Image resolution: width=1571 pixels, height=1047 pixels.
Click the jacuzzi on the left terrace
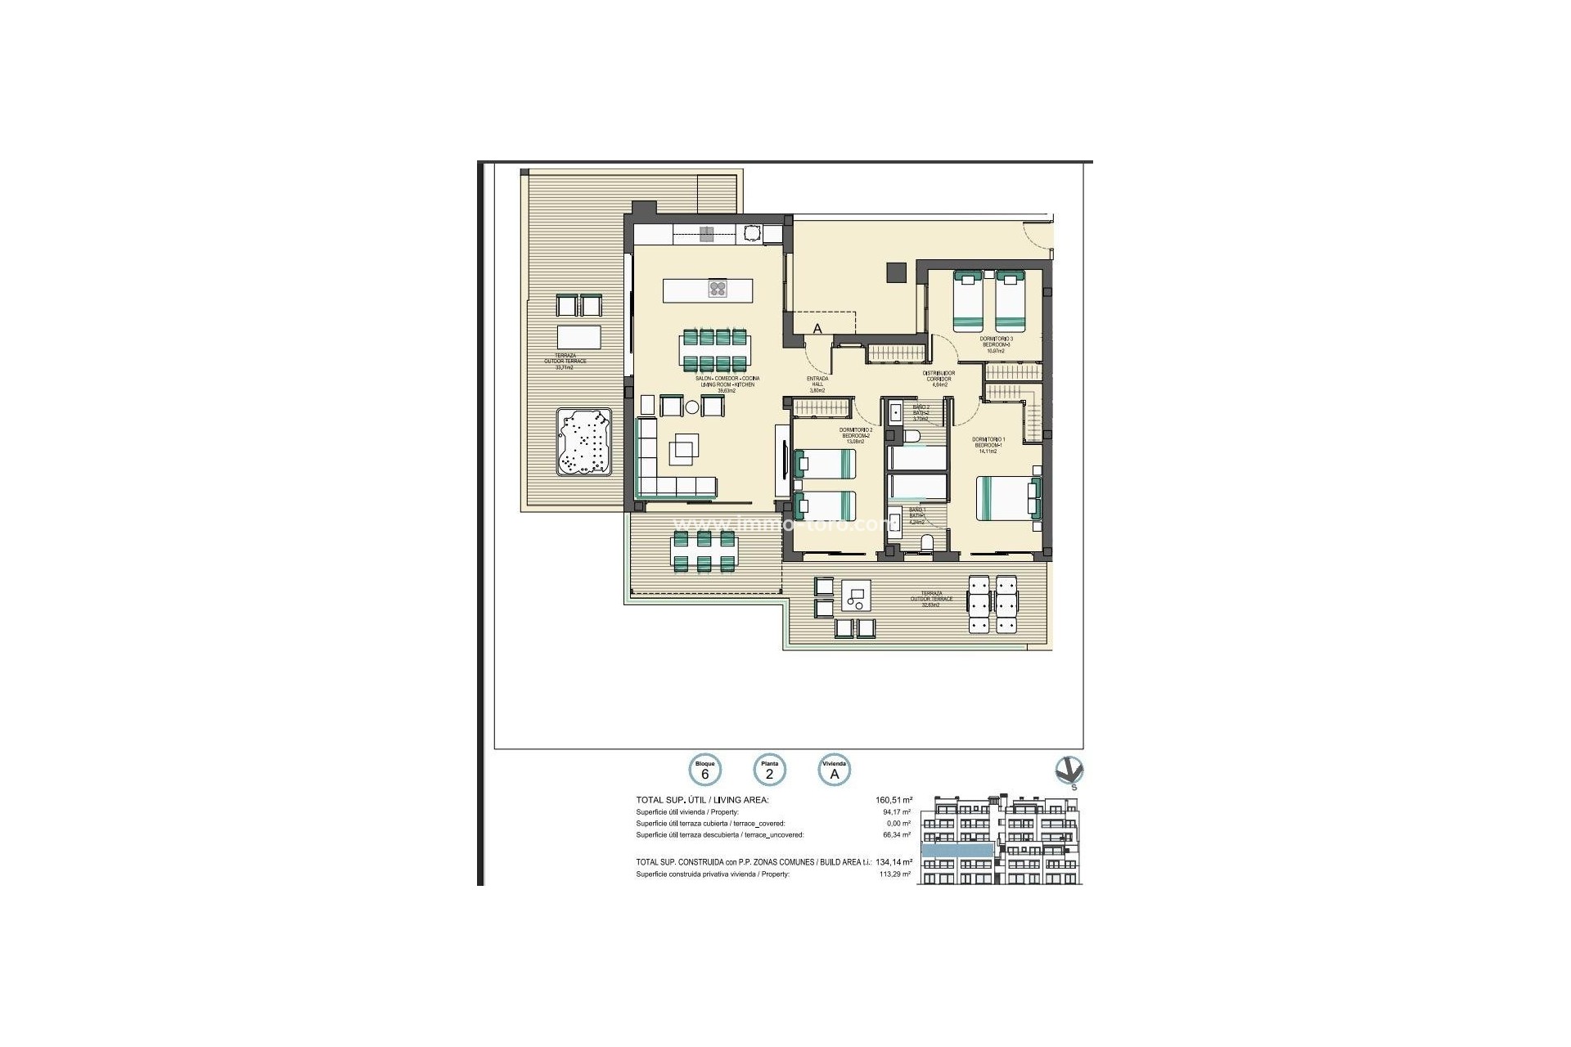click(x=584, y=443)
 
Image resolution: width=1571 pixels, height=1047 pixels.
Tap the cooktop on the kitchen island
click(x=718, y=288)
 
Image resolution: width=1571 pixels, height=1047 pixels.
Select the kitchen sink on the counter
click(x=752, y=234)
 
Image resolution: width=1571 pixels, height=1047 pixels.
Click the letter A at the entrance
click(x=817, y=329)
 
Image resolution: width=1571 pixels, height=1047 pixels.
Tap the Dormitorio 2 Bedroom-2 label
click(x=856, y=436)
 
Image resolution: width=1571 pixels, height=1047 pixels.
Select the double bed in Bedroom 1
click(x=1008, y=498)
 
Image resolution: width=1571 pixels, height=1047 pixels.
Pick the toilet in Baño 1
click(x=927, y=543)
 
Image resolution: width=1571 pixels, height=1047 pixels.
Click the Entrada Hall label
click(x=817, y=384)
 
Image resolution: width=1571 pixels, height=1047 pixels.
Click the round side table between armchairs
click(x=692, y=407)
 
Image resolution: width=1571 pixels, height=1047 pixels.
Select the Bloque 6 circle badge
click(x=704, y=770)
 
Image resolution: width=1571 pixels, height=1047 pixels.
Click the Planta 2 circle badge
click(x=769, y=770)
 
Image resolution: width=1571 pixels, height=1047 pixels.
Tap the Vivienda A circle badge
click(x=835, y=770)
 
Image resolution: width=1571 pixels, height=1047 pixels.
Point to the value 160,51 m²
click(x=894, y=801)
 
